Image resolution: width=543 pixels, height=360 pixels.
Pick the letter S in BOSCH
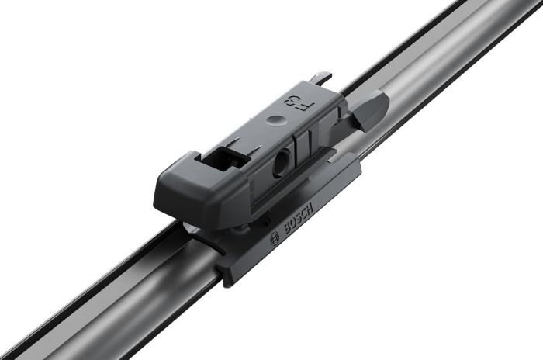click(x=298, y=220)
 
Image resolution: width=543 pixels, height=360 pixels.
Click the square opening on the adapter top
click(x=227, y=156)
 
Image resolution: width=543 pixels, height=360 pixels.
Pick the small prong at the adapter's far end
click(x=322, y=78)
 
